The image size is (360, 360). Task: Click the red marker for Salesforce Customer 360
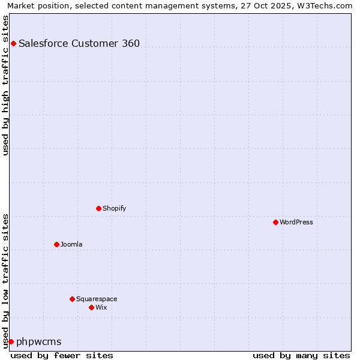point(13,43)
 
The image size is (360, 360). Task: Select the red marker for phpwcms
point(11,341)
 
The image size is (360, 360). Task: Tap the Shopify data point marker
point(98,208)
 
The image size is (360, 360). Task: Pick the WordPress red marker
point(275,222)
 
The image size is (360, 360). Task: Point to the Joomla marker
point(56,244)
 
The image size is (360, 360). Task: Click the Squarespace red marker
point(72,299)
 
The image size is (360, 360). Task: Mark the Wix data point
point(91,307)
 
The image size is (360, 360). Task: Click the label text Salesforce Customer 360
point(79,43)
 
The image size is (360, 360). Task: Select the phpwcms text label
point(39,341)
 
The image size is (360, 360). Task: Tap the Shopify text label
point(115,208)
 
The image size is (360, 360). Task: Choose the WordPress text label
point(296,222)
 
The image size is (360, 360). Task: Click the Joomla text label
point(71,244)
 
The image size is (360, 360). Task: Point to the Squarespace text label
point(97,299)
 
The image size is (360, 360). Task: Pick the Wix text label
point(101,307)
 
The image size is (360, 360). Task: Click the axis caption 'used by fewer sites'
point(62,355)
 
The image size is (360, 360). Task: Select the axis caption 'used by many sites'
point(301,355)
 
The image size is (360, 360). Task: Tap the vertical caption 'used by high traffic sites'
point(5,85)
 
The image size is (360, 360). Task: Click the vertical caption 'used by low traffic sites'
point(5,281)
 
